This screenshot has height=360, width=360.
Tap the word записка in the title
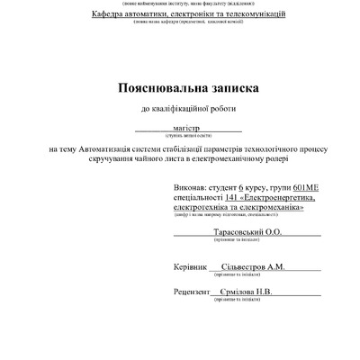click(x=231, y=89)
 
